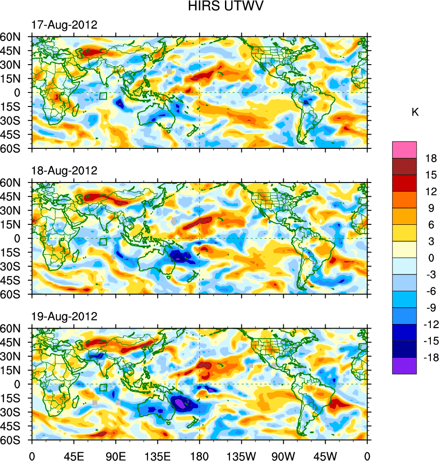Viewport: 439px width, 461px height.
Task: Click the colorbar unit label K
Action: click(415, 112)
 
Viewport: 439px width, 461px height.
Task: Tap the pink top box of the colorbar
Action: click(404, 149)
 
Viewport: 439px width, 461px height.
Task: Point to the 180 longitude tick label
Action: click(199, 455)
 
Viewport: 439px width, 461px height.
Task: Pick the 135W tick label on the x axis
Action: click(241, 455)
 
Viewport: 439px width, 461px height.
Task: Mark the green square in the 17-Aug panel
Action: click(103, 96)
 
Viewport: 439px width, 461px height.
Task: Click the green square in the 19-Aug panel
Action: click(103, 388)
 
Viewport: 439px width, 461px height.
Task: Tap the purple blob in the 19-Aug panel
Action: click(181, 403)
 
